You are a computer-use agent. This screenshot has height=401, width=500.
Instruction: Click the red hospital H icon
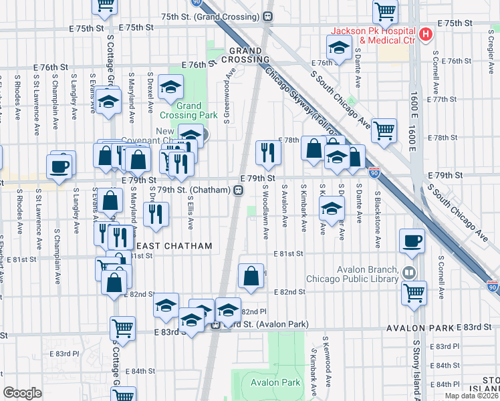click(x=424, y=34)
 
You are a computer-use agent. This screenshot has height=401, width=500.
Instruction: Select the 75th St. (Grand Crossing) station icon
click(x=268, y=16)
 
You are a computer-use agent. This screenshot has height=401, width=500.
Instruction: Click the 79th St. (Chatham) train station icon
click(x=238, y=190)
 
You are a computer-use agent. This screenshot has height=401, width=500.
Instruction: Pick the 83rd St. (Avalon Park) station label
click(x=265, y=325)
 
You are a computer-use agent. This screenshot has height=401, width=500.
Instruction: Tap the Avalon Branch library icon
click(x=408, y=273)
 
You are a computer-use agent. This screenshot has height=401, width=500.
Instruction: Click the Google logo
click(x=22, y=392)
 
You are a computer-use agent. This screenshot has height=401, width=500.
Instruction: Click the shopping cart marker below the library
click(x=414, y=291)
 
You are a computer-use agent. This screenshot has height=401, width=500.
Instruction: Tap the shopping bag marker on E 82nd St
click(x=251, y=275)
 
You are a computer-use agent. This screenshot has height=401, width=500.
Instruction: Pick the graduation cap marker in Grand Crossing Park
click(x=170, y=87)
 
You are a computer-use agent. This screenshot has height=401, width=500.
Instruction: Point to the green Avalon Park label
click(x=275, y=382)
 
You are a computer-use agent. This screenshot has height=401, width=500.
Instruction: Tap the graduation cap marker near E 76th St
click(x=340, y=47)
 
